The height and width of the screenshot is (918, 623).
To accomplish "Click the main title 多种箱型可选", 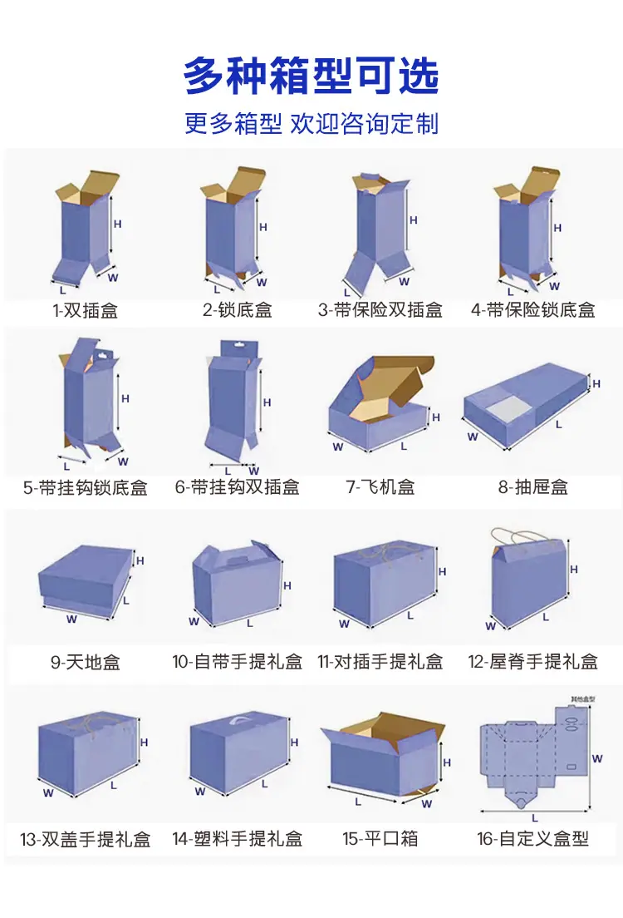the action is [x=311, y=76].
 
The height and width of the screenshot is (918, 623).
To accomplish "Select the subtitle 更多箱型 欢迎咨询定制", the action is [x=311, y=123].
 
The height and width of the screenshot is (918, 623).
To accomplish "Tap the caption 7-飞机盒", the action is [x=380, y=486].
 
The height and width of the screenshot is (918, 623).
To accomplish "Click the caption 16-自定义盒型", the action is [x=533, y=838].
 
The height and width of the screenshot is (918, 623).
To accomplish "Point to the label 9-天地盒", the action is [x=86, y=662].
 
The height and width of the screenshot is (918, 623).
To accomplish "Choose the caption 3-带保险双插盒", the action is [x=380, y=309].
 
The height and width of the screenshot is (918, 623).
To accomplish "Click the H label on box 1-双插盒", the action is [x=118, y=224].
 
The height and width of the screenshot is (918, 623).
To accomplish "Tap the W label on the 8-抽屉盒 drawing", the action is [x=473, y=437].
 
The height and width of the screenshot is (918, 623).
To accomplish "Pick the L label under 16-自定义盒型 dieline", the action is [x=535, y=818].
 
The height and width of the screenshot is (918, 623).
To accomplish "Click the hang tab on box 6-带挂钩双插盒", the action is [x=235, y=348].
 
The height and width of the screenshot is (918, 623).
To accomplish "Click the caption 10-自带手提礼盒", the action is [x=238, y=662].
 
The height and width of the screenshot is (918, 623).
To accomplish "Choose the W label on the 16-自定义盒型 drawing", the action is [x=597, y=758].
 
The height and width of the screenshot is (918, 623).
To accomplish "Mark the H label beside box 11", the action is [x=442, y=571].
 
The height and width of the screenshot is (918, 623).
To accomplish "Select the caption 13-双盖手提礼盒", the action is [x=86, y=839].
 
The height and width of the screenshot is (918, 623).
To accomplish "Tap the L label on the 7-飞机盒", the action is [x=404, y=447].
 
